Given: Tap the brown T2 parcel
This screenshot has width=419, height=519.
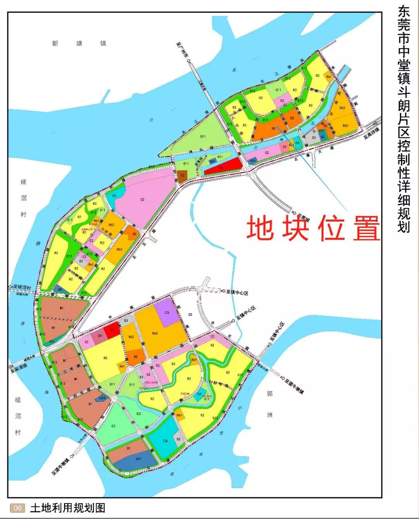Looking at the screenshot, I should click(182, 176).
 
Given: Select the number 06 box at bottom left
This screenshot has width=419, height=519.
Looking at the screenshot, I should click(17, 508).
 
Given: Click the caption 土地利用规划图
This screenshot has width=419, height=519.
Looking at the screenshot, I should click(68, 508).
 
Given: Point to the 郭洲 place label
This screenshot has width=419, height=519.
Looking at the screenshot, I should click(270, 404).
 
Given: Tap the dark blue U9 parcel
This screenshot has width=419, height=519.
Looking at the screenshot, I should click(60, 289).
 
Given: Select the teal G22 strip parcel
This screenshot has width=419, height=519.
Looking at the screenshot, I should click(52, 341).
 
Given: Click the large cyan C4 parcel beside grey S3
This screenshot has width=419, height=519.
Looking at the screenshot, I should click(165, 441).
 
